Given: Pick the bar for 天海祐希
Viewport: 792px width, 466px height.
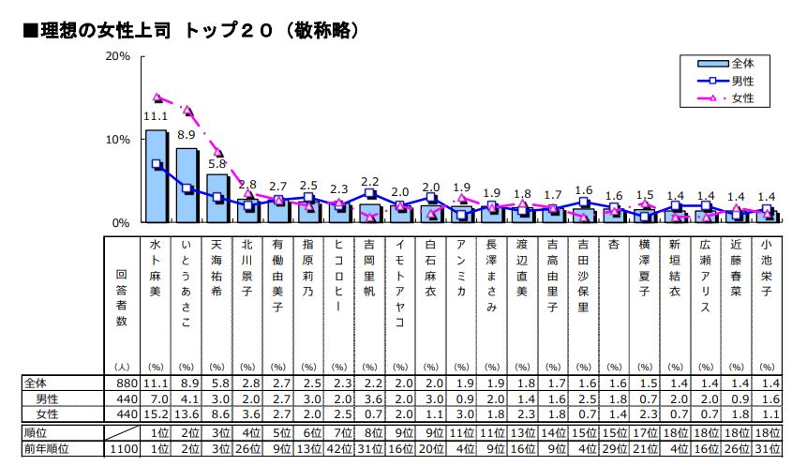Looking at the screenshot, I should click(217, 198).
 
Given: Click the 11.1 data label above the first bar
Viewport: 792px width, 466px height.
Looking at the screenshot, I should click(156, 116).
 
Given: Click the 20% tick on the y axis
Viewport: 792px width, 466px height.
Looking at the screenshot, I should click(117, 56).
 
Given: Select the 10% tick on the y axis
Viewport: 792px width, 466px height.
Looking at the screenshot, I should click(117, 140).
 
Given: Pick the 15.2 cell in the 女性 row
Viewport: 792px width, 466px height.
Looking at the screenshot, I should click(156, 413).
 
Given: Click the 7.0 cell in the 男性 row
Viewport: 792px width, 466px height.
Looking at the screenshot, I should click(156, 398).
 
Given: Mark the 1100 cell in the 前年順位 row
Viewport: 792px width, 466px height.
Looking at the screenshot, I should click(123, 450).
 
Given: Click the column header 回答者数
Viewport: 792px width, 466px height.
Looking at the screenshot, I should click(121, 295).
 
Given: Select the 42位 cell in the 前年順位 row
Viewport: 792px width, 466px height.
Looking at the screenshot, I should click(339, 450).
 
